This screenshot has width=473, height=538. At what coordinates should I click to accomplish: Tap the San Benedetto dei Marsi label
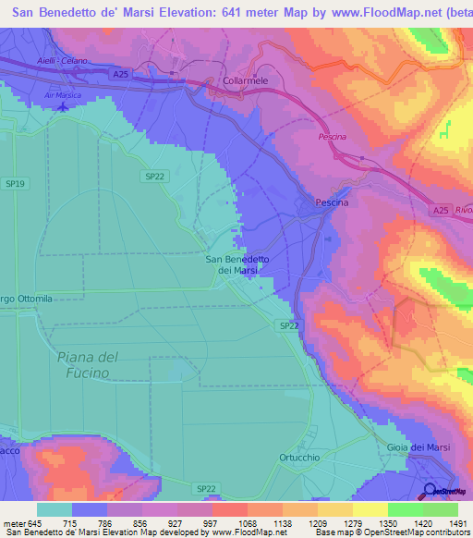[x=236, y=265]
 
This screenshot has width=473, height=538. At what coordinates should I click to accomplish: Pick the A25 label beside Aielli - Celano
[x=117, y=73]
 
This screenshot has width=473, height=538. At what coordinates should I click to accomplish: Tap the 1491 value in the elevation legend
[x=455, y=523]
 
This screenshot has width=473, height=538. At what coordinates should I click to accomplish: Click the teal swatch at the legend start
[x=55, y=509]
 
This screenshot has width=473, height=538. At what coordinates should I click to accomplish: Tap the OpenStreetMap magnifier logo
[x=430, y=491]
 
